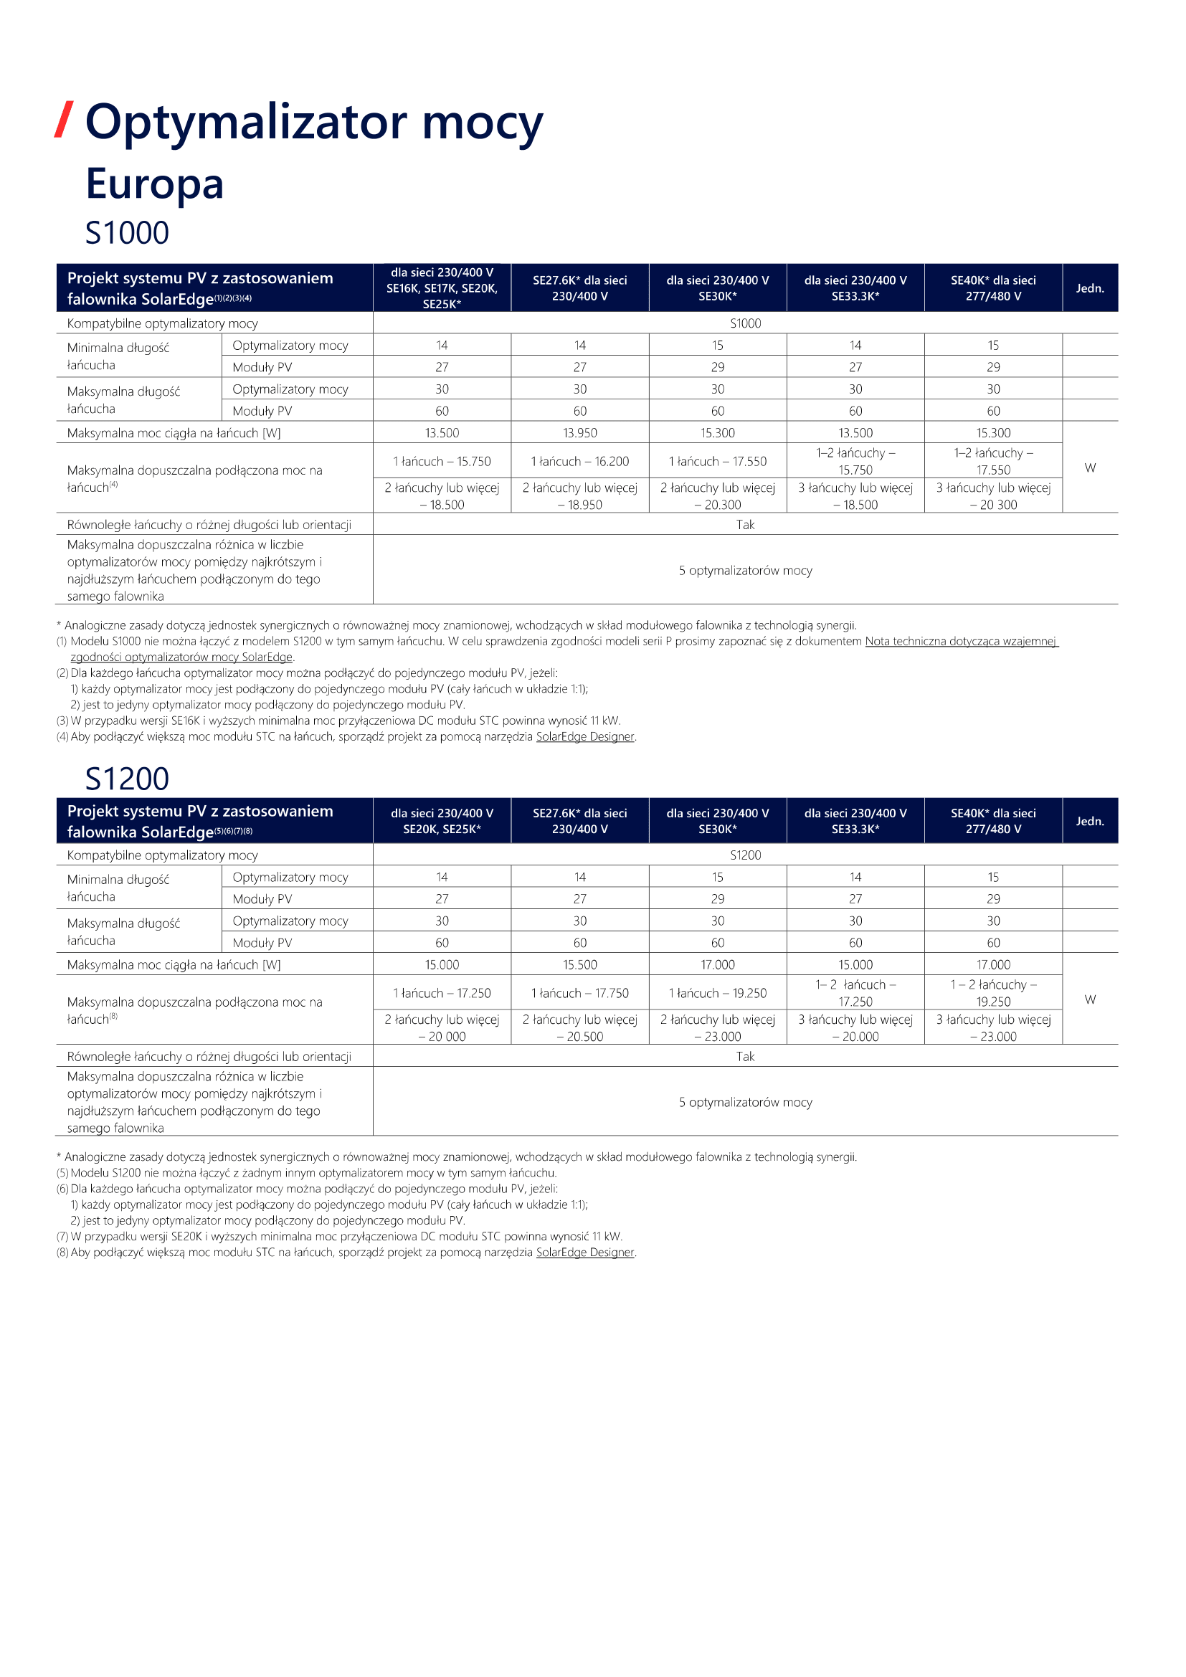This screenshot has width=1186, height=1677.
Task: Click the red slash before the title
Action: pyautogui.click(x=65, y=120)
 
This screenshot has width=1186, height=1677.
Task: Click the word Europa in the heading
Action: pyautogui.click(x=154, y=184)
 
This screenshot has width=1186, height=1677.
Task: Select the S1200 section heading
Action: pyautogui.click(x=127, y=779)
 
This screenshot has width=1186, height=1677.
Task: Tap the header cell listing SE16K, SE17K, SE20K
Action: pyautogui.click(x=442, y=288)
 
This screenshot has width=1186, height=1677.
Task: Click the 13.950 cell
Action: pyautogui.click(x=580, y=433)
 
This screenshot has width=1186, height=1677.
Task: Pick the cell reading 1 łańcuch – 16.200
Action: pyautogui.click(x=580, y=462)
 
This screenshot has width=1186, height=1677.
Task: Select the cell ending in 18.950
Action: pyautogui.click(x=580, y=496)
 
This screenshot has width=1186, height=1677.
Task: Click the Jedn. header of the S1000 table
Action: pyautogui.click(x=1090, y=288)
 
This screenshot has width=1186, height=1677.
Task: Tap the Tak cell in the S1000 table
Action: pyautogui.click(x=745, y=524)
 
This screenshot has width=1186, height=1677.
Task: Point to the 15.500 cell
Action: pyautogui.click(x=580, y=965)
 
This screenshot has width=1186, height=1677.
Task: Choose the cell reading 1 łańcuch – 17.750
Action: pyautogui.click(x=580, y=993)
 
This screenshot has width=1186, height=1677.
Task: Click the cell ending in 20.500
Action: pyautogui.click(x=580, y=1027)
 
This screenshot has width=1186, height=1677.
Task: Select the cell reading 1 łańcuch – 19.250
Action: pyautogui.click(x=718, y=993)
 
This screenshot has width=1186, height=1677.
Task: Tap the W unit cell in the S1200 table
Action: pyautogui.click(x=1090, y=999)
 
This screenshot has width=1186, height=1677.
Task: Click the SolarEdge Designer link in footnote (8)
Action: pyautogui.click(x=585, y=1252)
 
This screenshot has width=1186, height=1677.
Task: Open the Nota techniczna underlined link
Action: pyautogui.click(x=960, y=641)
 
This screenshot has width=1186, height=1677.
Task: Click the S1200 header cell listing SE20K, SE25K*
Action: pyautogui.click(x=442, y=821)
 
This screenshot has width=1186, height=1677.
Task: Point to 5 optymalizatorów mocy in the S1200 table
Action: pyautogui.click(x=745, y=1102)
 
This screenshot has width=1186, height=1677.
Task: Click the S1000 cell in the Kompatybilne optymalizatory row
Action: pyautogui.click(x=745, y=323)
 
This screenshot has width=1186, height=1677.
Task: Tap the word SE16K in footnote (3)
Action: pyautogui.click(x=186, y=721)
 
